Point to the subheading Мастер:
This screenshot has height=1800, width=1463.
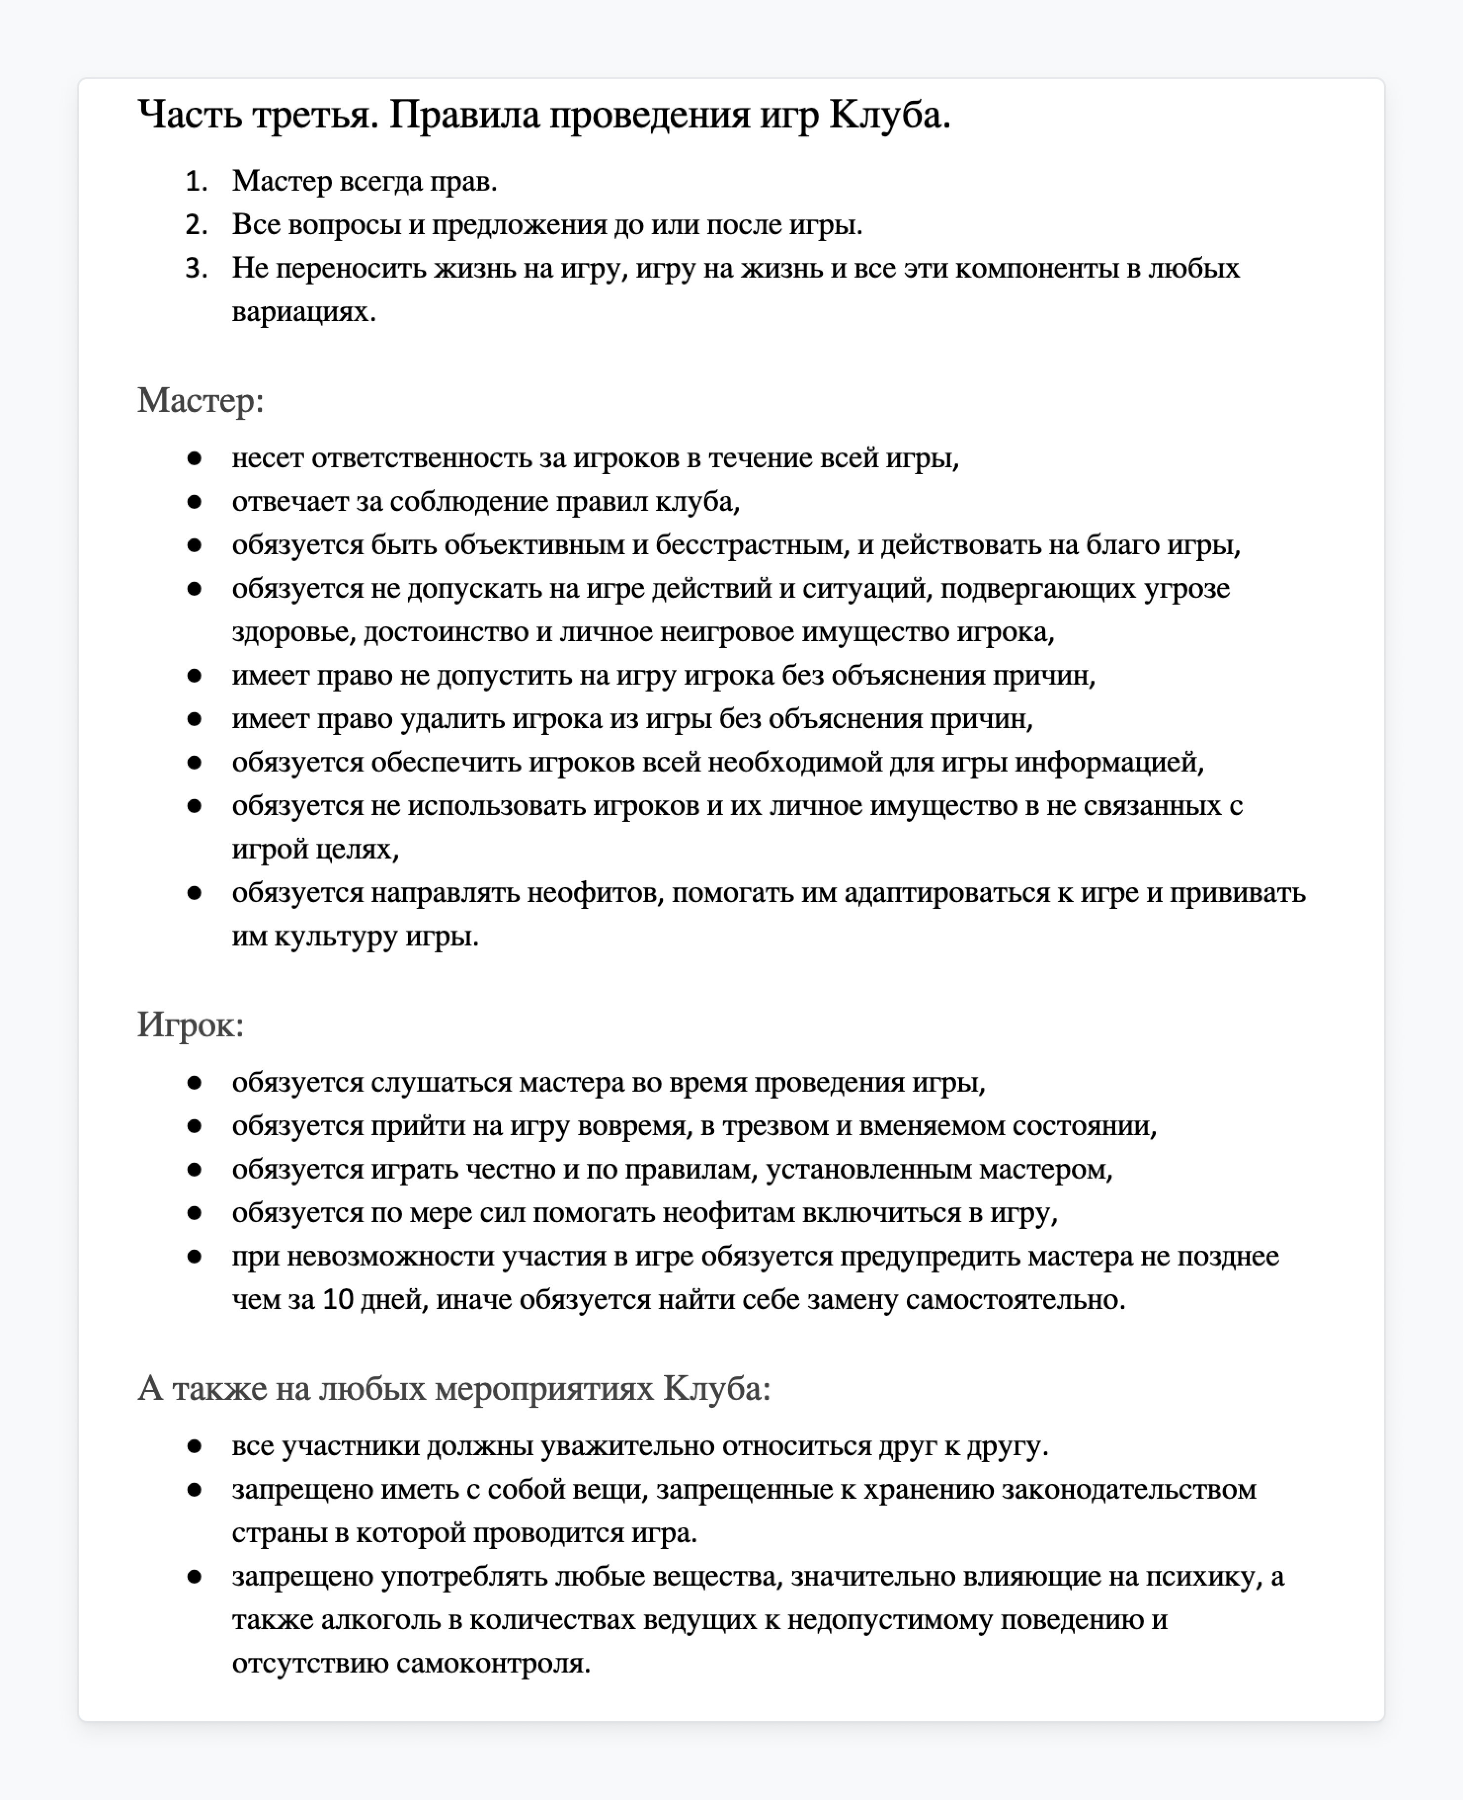[x=201, y=400]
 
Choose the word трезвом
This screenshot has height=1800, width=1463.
[x=775, y=1126]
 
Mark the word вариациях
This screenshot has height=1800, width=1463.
[x=303, y=312]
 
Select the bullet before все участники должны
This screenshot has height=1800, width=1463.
[x=195, y=1446]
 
